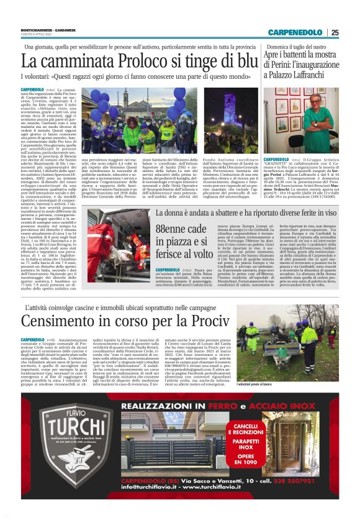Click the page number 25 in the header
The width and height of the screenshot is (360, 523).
point(335,33)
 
